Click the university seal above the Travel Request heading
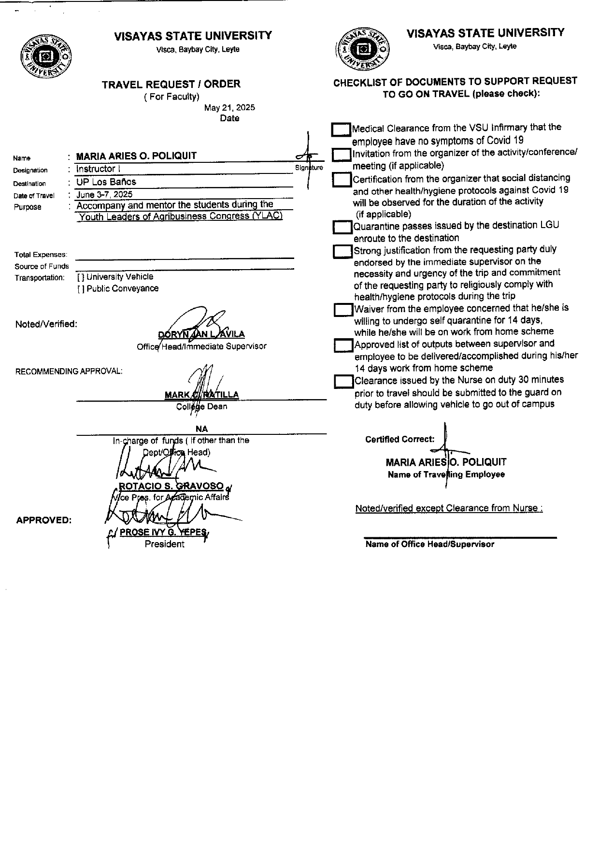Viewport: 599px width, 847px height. [x=45, y=56]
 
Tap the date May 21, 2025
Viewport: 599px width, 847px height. [x=229, y=107]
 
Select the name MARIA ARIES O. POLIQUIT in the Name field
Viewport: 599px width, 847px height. [x=137, y=156]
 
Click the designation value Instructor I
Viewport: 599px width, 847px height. [x=99, y=169]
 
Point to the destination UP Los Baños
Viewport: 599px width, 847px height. [x=106, y=182]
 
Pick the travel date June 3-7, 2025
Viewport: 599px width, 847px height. [x=104, y=194]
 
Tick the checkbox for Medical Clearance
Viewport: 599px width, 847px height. [x=341, y=129]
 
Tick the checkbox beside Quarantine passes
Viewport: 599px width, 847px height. [x=342, y=227]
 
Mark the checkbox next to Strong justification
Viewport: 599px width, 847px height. [x=342, y=252]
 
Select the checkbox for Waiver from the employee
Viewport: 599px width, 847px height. [x=343, y=310]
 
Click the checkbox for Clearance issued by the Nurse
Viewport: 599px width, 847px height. [x=343, y=382]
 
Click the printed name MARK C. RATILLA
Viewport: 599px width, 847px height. [x=201, y=395]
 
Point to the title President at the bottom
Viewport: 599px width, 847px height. [x=164, y=544]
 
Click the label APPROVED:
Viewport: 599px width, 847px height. [x=44, y=520]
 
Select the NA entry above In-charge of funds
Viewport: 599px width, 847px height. [x=201, y=429]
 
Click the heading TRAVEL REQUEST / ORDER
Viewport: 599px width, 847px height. [x=171, y=84]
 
